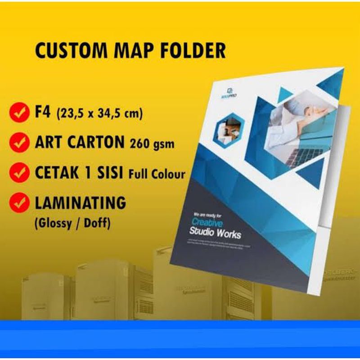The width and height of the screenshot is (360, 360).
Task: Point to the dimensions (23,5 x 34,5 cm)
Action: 100,114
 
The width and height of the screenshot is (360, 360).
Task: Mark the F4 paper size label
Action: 43,112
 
